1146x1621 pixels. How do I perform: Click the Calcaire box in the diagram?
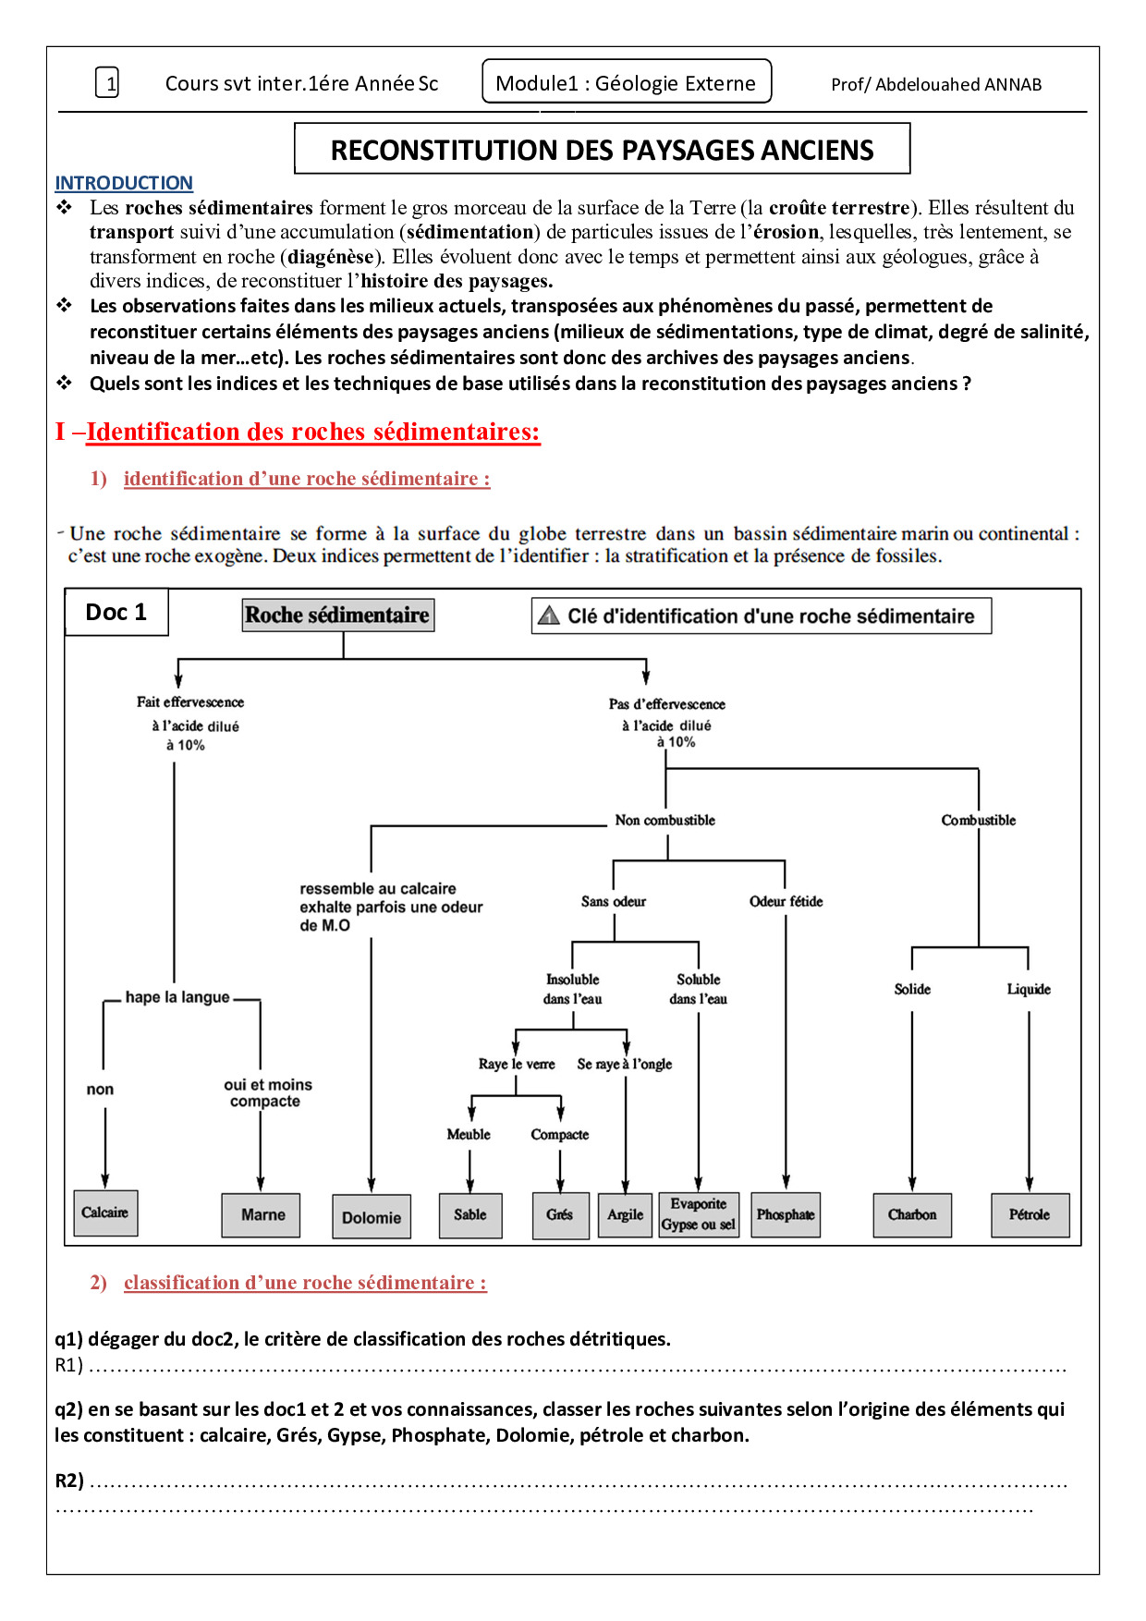(x=105, y=1213)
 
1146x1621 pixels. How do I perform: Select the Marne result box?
(x=262, y=1215)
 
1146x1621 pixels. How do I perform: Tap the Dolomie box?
(x=372, y=1217)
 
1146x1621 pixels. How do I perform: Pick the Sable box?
(x=470, y=1215)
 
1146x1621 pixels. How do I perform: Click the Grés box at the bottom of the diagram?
(x=560, y=1215)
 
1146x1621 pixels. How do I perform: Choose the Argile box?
(x=626, y=1215)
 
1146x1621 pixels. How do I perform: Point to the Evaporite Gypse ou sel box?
(x=699, y=1214)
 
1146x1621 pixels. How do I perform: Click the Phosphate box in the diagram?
(x=786, y=1215)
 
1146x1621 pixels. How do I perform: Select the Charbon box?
(x=912, y=1215)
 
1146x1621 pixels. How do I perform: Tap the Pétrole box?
(x=1030, y=1215)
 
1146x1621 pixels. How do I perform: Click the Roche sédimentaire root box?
(x=338, y=615)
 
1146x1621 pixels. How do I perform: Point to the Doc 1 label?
(x=116, y=613)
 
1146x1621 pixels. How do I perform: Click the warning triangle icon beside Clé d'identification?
(x=549, y=615)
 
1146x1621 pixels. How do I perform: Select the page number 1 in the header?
(x=108, y=84)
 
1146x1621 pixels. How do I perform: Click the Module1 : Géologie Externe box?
(x=627, y=83)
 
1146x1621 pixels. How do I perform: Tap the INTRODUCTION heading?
(x=124, y=183)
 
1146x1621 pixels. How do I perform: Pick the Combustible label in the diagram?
(x=978, y=820)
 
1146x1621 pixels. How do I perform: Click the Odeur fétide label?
(x=786, y=901)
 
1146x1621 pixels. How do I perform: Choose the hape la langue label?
(x=177, y=997)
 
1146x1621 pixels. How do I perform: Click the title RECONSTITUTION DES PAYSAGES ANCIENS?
(x=603, y=150)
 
